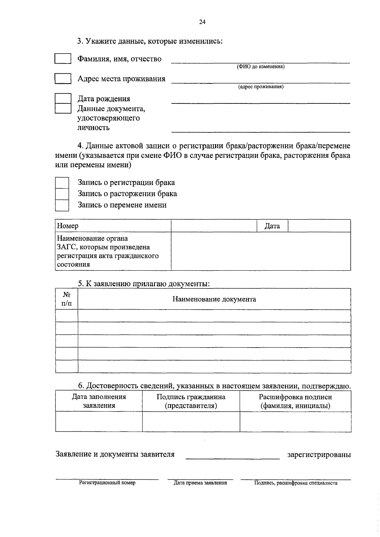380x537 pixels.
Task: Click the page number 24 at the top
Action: [202, 22]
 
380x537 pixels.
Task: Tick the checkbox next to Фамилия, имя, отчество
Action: [63, 59]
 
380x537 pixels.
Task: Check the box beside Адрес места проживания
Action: [63, 78]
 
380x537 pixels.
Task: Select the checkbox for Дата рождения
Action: [63, 98]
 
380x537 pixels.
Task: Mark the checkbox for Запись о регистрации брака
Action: [62, 182]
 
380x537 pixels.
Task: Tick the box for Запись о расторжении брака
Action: [62, 194]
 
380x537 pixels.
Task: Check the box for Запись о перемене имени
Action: [62, 205]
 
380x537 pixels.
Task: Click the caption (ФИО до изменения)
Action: [261, 67]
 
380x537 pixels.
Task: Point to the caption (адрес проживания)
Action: [261, 87]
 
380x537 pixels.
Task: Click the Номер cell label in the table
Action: [67, 226]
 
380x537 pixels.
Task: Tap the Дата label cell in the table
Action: [272, 226]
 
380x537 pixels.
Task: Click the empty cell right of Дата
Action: [319, 226]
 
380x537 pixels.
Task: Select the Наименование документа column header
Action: [214, 299]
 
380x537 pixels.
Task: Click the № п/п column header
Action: [66, 299]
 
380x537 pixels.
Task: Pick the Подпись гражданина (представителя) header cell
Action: [191, 401]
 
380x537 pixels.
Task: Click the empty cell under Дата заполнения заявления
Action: [99, 422]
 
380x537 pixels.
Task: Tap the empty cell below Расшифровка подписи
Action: [295, 422]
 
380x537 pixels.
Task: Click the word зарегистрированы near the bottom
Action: [319, 455]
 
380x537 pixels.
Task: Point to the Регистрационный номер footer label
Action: [107, 483]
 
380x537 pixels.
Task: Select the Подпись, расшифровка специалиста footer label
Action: [296, 483]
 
